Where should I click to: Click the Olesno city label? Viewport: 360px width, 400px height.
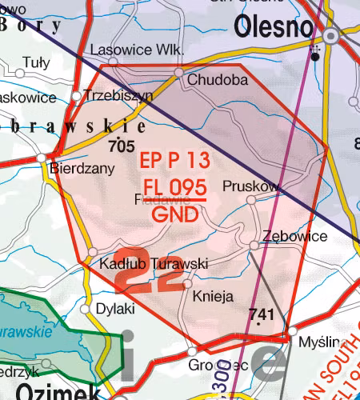pos(274,27)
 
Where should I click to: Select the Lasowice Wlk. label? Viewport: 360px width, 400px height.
pos(137,50)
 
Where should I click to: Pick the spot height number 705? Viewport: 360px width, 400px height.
pos(120,146)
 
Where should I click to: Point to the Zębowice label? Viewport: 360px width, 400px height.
pos(294,237)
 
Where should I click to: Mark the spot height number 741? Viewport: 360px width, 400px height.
pos(262,314)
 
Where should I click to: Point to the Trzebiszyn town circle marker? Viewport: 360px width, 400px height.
pos(77,96)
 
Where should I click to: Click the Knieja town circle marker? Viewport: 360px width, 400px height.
pos(188,283)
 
